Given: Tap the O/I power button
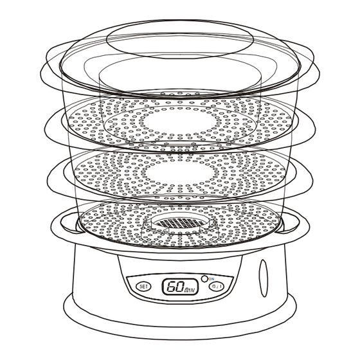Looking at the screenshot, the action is (217, 286).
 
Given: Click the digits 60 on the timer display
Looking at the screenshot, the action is (175, 286).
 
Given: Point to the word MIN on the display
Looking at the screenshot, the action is (190, 291).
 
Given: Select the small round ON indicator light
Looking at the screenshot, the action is (204, 279).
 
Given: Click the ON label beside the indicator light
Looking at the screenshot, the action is (212, 279).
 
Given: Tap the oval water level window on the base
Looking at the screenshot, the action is (264, 278).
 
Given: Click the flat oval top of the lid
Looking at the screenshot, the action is (180, 39).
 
